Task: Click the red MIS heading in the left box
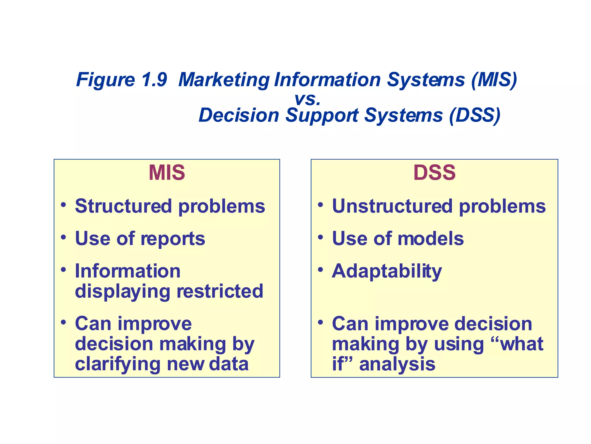(x=167, y=173)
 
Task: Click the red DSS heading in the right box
(x=434, y=173)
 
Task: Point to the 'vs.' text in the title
(x=307, y=99)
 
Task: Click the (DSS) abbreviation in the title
(x=475, y=115)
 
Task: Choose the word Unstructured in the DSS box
(x=392, y=206)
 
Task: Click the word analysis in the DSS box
(x=397, y=364)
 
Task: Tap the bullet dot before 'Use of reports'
(x=63, y=238)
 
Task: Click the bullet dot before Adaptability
(x=320, y=270)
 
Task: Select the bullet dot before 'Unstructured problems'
(x=320, y=205)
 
